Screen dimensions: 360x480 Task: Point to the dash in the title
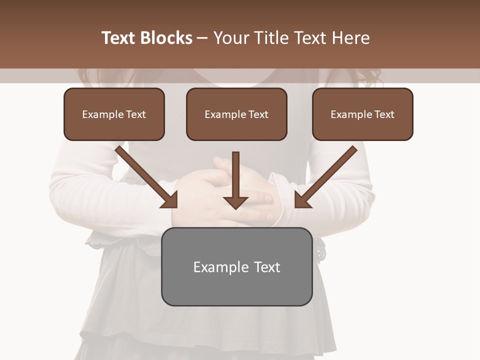click(x=202, y=38)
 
